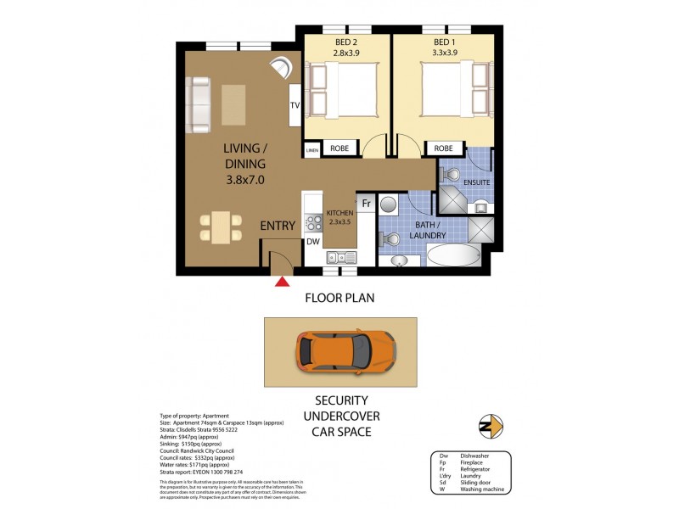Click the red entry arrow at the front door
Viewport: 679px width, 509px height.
tap(282, 280)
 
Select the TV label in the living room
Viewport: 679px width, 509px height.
tap(295, 106)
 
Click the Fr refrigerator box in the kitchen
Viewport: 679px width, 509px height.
tap(367, 204)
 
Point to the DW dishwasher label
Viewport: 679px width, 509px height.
tap(312, 242)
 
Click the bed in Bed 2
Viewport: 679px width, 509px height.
tap(345, 92)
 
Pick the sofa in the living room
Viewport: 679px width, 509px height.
tap(199, 105)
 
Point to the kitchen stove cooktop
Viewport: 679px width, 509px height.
tap(313, 224)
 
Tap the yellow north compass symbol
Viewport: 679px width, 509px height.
tap(491, 425)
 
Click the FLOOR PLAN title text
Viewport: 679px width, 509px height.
tap(339, 299)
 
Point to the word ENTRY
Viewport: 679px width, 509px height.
tap(278, 226)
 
